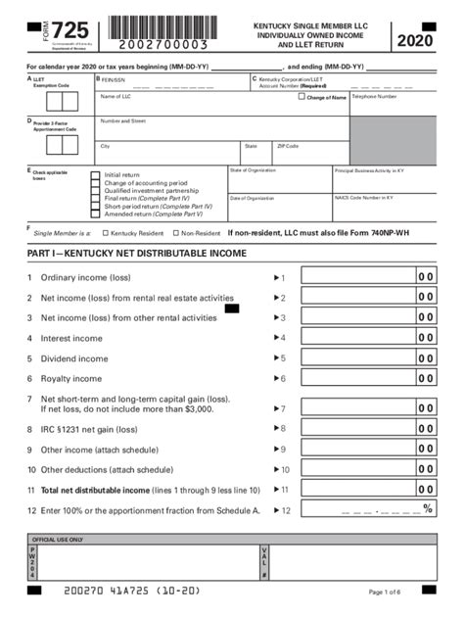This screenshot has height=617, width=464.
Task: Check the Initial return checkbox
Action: pyautogui.click(x=95, y=174)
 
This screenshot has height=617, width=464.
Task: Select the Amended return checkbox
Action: pyautogui.click(x=95, y=214)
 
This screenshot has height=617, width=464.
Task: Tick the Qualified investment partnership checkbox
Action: pyautogui.click(x=95, y=191)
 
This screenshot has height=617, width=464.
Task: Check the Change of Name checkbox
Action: pyautogui.click(x=302, y=96)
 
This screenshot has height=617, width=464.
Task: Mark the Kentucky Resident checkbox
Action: pyautogui.click(x=105, y=234)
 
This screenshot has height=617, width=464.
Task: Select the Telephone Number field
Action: pyautogui.click(x=393, y=105)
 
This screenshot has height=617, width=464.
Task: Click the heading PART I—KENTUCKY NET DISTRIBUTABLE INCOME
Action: pyautogui.click(x=136, y=255)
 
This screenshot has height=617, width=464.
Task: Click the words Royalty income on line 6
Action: pyautogui.click(x=73, y=378)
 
